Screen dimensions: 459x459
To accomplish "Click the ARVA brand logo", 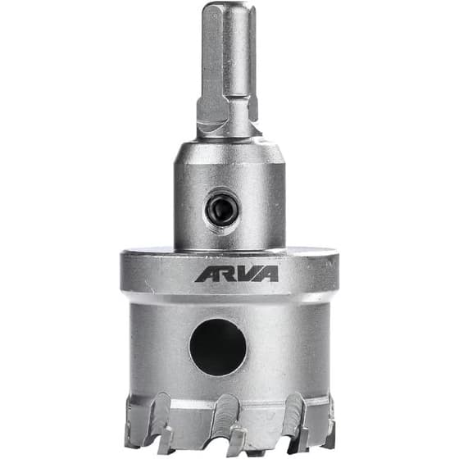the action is pos(237,274).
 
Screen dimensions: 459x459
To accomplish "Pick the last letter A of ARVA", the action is pos(268,274).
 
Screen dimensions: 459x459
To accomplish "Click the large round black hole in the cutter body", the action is pos(218,348).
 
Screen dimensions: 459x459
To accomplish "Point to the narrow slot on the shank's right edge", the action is pos(253,58).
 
